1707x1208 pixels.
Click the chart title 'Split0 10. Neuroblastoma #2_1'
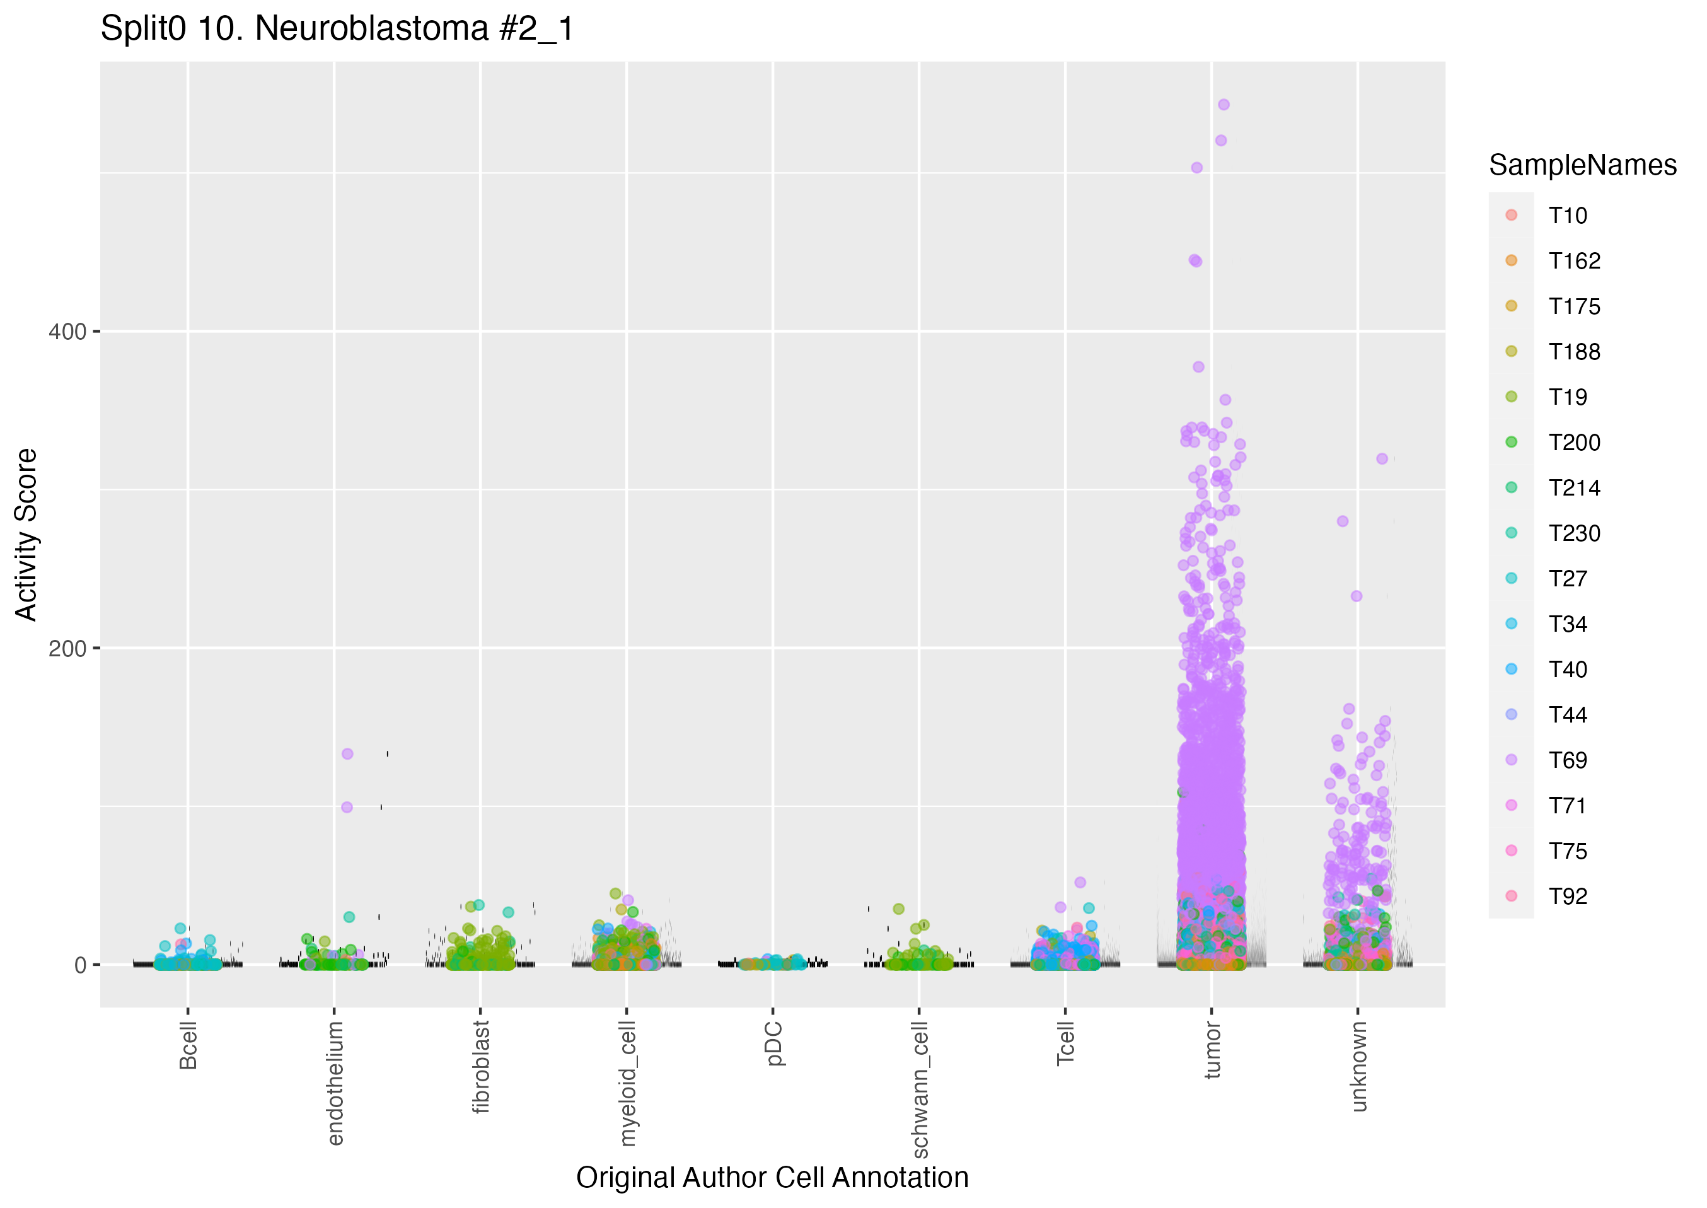tap(337, 29)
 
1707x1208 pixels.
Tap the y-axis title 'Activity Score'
tap(26, 534)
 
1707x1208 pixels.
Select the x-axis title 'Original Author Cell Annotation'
tap(772, 1178)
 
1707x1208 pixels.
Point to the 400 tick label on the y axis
tap(67, 332)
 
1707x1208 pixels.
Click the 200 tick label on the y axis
tap(67, 649)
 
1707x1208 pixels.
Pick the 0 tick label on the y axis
tap(80, 965)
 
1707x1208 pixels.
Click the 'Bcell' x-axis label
tap(188, 1045)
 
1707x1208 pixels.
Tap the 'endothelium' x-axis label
tap(335, 1083)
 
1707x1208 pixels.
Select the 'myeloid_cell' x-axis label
tap(628, 1083)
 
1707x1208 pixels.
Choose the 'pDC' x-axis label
tap(774, 1043)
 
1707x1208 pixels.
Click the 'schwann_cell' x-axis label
tap(920, 1089)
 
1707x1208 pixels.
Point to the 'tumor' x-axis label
tap(1213, 1050)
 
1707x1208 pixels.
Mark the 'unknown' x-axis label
tap(1359, 1066)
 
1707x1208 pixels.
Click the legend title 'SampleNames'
tap(1582, 165)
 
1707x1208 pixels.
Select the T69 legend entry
tap(1567, 760)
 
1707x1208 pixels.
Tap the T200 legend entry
tap(1574, 443)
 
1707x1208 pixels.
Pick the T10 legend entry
tap(1567, 216)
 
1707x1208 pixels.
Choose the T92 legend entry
tap(1567, 897)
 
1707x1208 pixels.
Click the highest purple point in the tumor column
tap(1224, 105)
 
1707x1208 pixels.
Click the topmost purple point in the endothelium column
tap(347, 753)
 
